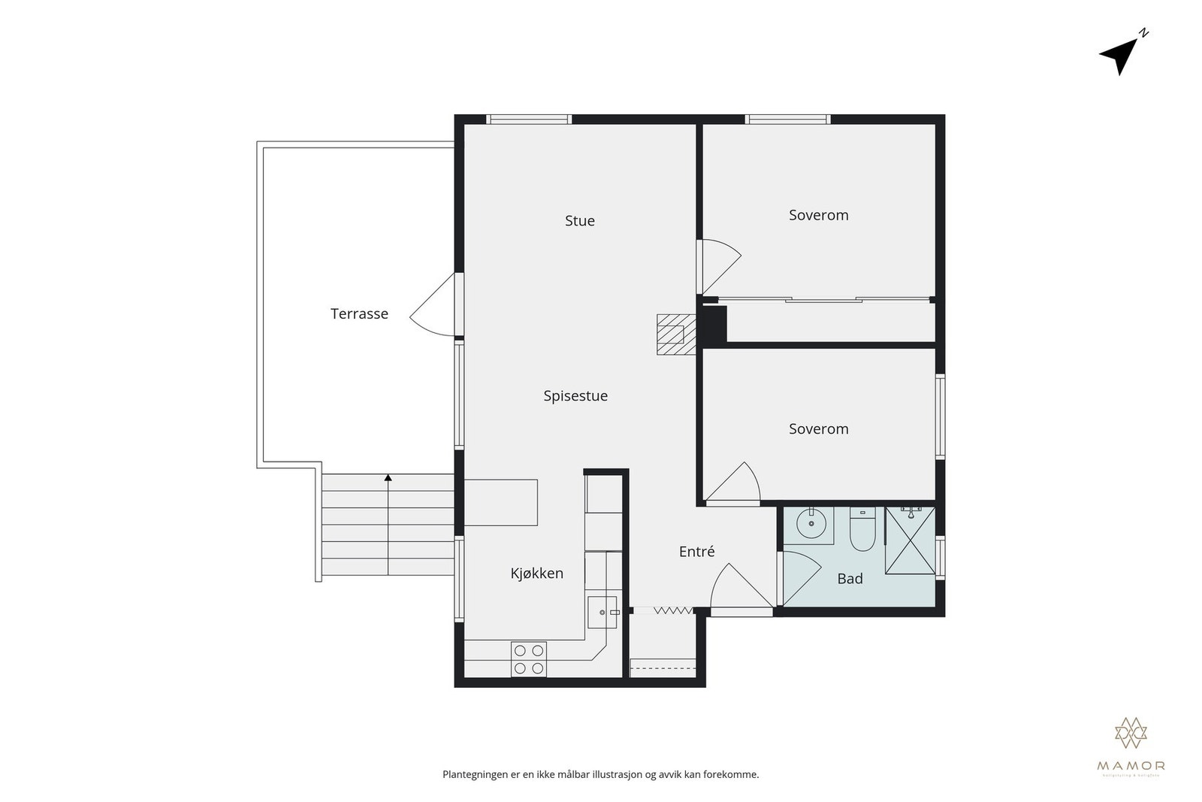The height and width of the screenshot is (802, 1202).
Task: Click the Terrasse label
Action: point(359,314)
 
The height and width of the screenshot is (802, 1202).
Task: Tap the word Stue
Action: point(579,221)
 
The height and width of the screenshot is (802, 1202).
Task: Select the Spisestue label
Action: point(575,396)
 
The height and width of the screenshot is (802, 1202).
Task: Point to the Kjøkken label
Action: point(536,574)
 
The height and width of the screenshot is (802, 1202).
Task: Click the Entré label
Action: point(696,552)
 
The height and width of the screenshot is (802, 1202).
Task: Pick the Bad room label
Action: point(850,579)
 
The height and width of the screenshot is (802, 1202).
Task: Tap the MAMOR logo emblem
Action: point(1131,733)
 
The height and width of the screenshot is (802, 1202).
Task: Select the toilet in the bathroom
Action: point(862,531)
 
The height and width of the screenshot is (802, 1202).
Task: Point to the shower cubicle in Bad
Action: point(910,540)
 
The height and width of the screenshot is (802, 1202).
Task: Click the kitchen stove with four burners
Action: point(528,659)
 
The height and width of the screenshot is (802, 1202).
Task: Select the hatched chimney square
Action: point(670,334)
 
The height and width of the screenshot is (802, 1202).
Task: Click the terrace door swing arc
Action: point(432,308)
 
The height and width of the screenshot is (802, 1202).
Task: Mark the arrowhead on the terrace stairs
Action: point(388,477)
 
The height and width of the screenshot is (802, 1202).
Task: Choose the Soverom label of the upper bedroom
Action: point(818,215)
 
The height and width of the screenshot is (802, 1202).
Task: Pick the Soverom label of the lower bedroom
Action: point(818,429)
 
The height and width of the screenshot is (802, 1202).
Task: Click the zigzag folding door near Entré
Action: point(672,611)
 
